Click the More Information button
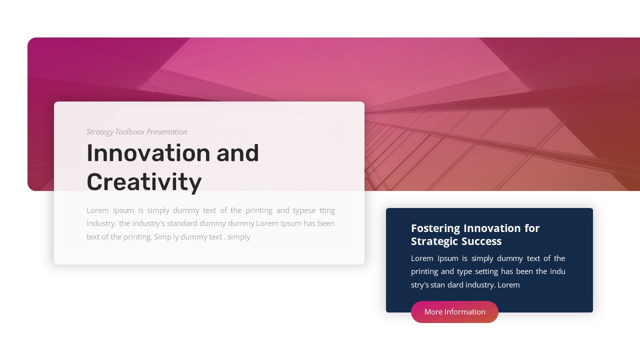coord(454,312)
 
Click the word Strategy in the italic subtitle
coord(100,132)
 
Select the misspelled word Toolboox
coord(129,132)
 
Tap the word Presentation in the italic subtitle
coord(167,132)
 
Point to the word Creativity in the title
coord(144,182)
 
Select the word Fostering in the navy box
coord(435,228)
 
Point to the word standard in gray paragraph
coord(182,223)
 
